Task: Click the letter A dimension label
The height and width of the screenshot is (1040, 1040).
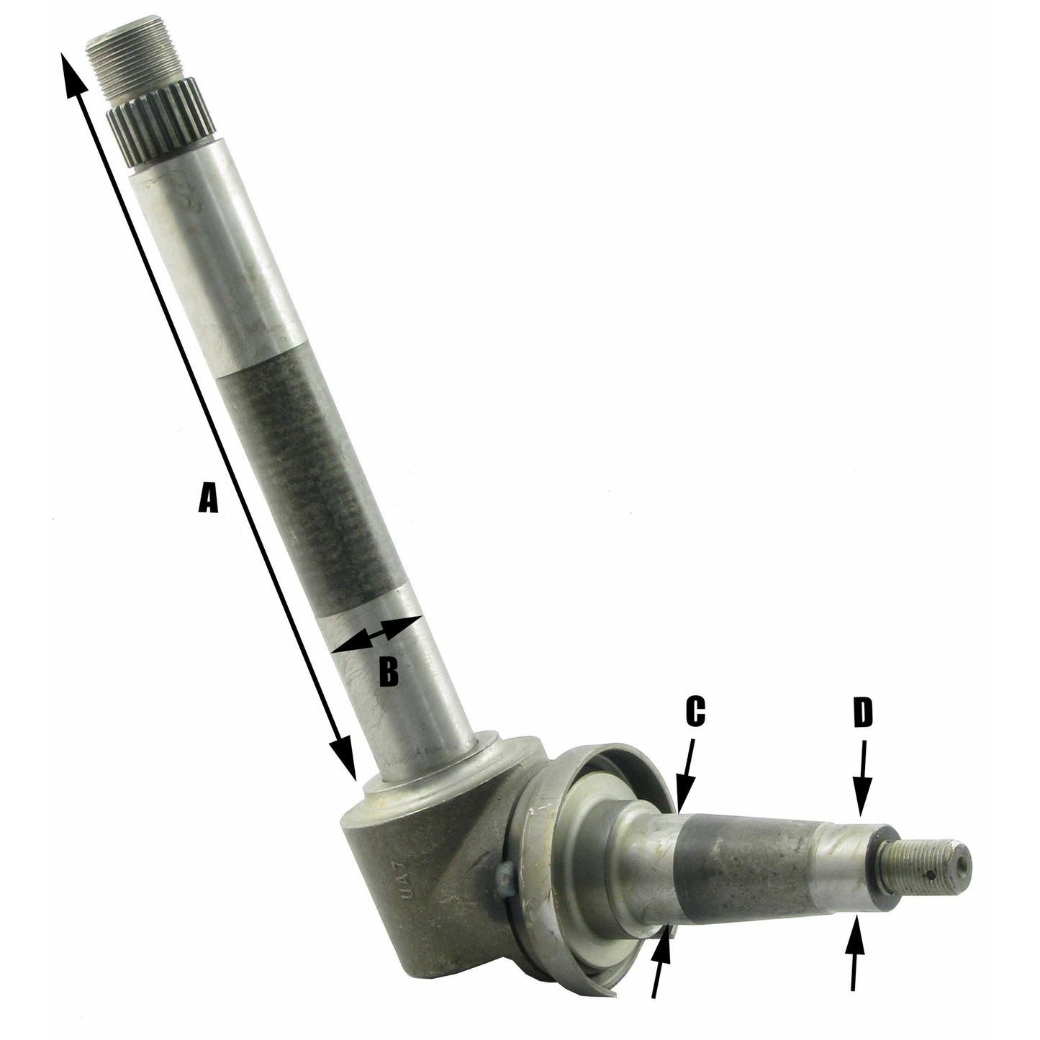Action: coord(207,497)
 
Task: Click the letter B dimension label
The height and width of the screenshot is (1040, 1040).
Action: coord(387,672)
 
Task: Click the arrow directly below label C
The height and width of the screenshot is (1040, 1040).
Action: coord(685,781)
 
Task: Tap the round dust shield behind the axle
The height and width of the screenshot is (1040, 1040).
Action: coord(576,849)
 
